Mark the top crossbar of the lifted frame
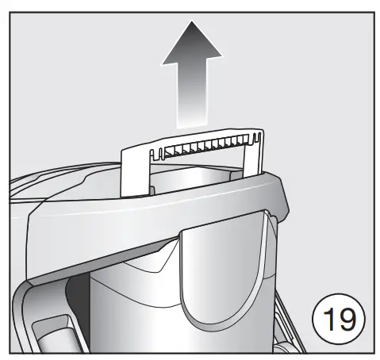[190, 137]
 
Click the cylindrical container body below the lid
[135, 309]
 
